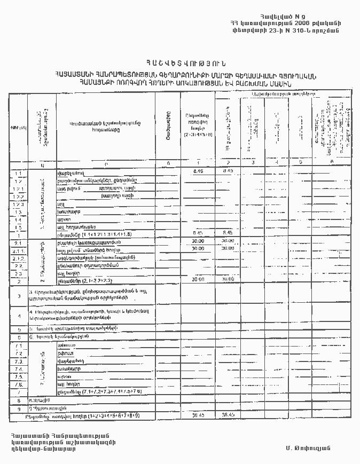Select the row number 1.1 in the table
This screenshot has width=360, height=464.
pos(19,174)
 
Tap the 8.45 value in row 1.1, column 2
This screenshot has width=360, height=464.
pos(229,171)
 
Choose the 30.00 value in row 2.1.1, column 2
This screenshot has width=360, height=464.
pos(229,248)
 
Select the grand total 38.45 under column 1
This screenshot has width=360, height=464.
pos(198,415)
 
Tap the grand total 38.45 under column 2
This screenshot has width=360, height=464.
pos(229,415)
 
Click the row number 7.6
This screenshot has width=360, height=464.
pos(19,384)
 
